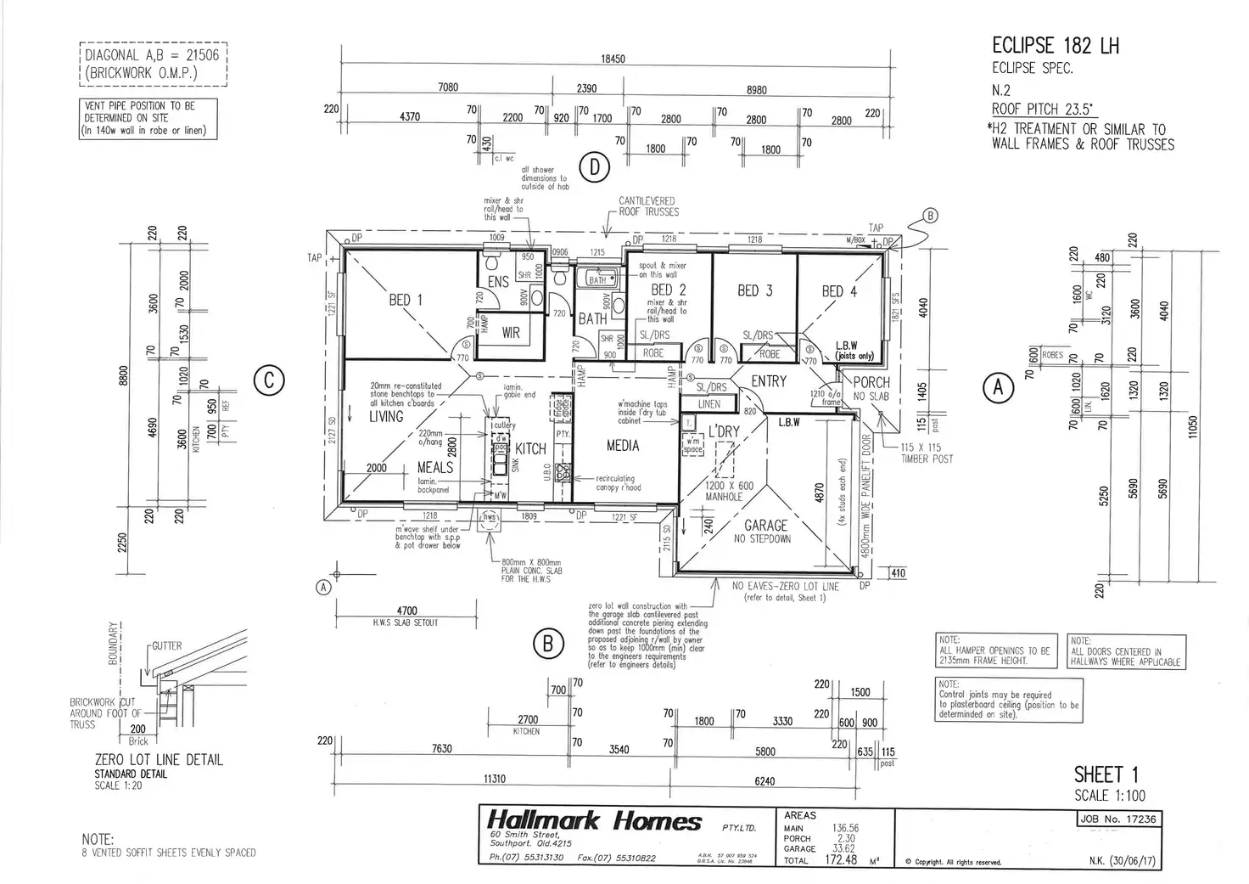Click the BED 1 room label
[x=406, y=300]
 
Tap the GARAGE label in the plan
[x=765, y=526]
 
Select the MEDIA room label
[x=623, y=446]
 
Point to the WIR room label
[x=511, y=334]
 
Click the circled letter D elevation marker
[x=595, y=168]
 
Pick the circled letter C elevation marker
[x=269, y=381]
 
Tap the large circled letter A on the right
[x=998, y=388]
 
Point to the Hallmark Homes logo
[x=594, y=821]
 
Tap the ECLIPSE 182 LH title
[x=1055, y=46]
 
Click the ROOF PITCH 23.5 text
[x=1043, y=109]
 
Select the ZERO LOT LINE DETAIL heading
[x=159, y=760]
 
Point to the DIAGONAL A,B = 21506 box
[x=154, y=64]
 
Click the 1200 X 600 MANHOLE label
[x=730, y=491]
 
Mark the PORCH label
[x=871, y=382]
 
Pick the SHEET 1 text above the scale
[x=1106, y=774]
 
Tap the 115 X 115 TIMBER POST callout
[x=927, y=453]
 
